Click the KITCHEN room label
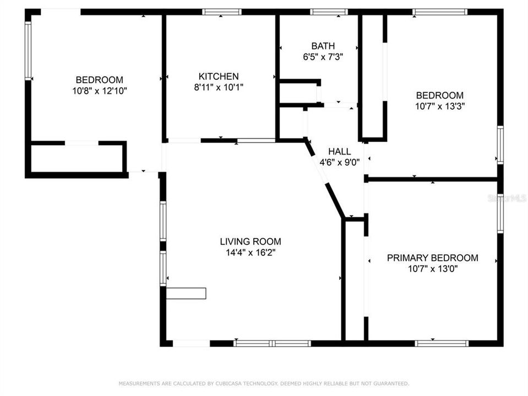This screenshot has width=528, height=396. [219, 76]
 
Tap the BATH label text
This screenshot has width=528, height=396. [323, 46]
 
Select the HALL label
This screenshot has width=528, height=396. [339, 151]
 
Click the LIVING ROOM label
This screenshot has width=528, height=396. [251, 241]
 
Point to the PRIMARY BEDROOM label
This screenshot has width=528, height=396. [432, 258]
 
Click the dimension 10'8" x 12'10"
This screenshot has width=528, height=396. [100, 91]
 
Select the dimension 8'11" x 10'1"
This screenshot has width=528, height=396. [219, 87]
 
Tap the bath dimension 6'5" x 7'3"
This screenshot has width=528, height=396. [323, 57]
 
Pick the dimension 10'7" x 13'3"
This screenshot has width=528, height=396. [439, 106]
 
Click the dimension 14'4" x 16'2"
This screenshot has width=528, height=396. [251, 252]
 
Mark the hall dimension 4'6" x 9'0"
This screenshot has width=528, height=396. [340, 162]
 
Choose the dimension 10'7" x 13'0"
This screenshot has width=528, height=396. [433, 269]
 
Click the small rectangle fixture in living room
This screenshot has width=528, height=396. [186, 293]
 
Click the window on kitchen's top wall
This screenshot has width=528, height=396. [221, 12]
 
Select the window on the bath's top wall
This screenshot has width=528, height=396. [328, 12]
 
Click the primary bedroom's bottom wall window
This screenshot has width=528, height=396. [442, 343]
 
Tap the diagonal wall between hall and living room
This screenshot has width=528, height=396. [325, 178]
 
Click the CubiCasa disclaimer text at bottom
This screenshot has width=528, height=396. [264, 383]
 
